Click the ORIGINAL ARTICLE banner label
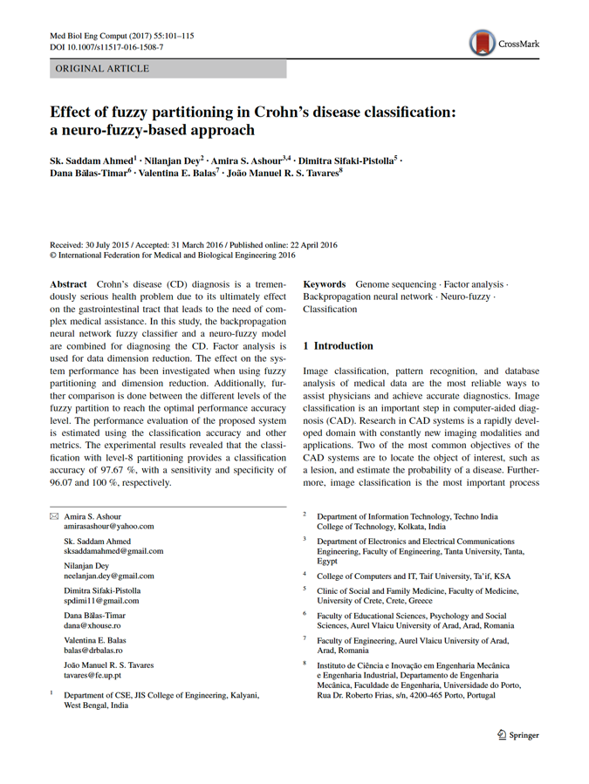(102, 69)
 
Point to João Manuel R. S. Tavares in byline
(283, 173)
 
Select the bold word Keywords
(324, 284)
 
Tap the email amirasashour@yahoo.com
(109, 527)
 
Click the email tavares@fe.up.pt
(92, 675)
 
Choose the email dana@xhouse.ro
(92, 625)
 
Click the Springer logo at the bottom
(517, 735)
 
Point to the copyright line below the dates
(173, 256)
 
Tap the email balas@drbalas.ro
(93, 650)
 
